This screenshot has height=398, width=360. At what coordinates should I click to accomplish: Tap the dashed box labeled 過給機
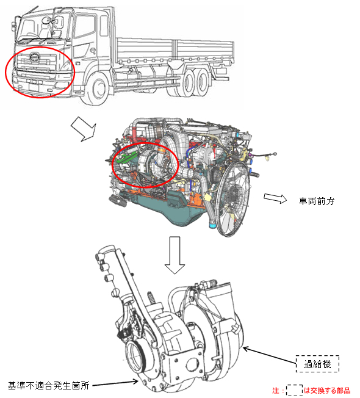click(317, 364)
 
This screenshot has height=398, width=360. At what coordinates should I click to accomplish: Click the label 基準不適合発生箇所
click(49, 386)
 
